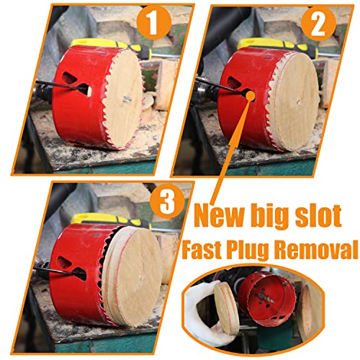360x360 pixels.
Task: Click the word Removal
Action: click(321, 250)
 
